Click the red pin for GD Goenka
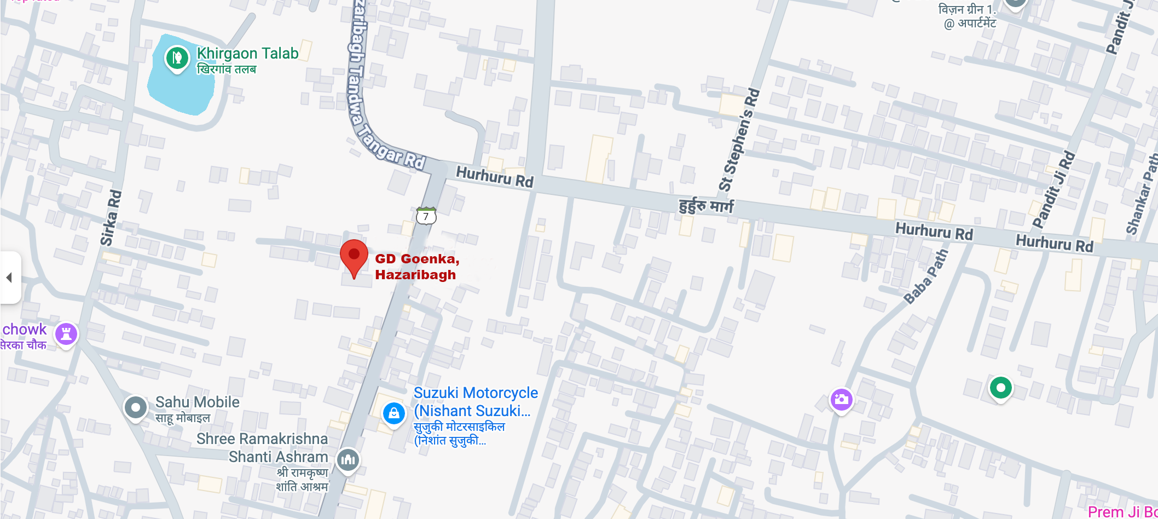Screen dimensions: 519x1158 (354, 257)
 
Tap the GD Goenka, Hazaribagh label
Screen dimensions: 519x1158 (416, 267)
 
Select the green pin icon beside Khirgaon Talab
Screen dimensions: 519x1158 (177, 57)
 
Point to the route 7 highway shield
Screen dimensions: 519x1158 (426, 216)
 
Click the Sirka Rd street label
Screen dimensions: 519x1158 (111, 217)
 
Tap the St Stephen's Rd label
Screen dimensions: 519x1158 (740, 140)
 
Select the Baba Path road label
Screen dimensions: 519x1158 (925, 276)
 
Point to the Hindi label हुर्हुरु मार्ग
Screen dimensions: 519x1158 (706, 206)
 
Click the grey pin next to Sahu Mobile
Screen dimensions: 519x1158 (136, 407)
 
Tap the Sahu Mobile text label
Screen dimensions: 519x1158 (197, 402)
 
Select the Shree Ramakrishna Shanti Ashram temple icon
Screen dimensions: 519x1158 (348, 459)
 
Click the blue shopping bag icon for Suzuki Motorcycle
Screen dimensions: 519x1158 (393, 413)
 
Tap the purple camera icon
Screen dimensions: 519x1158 (841, 400)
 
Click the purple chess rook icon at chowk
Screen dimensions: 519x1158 (66, 333)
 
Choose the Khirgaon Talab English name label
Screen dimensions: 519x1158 (247, 53)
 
